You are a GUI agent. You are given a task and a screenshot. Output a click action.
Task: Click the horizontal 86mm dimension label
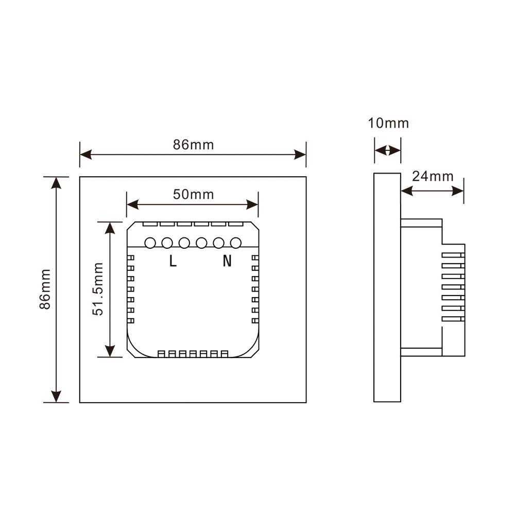[193, 145]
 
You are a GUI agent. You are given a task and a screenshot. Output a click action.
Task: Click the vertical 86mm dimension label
[46, 289]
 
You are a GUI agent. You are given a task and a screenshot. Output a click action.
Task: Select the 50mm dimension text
[193, 195]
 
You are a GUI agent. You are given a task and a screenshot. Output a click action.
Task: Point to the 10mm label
[388, 124]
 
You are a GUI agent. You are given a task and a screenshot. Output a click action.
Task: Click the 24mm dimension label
[433, 177]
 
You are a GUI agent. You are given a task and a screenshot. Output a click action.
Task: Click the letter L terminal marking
[173, 262]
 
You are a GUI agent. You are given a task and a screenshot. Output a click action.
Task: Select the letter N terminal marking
[227, 262]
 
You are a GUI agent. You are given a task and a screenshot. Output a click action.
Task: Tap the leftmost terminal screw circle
[150, 242]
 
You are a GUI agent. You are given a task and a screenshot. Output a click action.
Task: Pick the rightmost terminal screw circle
[236, 242]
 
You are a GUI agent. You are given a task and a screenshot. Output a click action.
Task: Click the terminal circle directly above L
[167, 242]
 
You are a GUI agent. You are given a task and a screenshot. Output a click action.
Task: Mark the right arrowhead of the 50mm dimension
[253, 205]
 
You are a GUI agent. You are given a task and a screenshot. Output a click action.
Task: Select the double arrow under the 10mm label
[387, 150]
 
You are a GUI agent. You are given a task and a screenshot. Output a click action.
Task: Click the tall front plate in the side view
[387, 288]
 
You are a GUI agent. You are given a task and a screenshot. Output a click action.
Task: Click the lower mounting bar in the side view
[421, 352]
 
